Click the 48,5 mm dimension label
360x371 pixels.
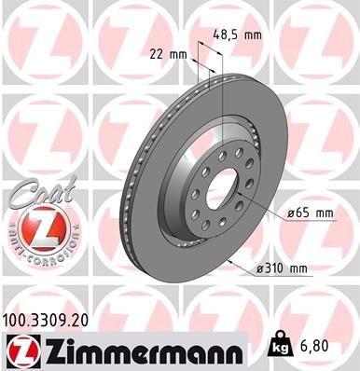pos(239,34)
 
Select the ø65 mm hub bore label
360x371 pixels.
pos(311,213)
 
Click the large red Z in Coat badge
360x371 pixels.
pos(35,227)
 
